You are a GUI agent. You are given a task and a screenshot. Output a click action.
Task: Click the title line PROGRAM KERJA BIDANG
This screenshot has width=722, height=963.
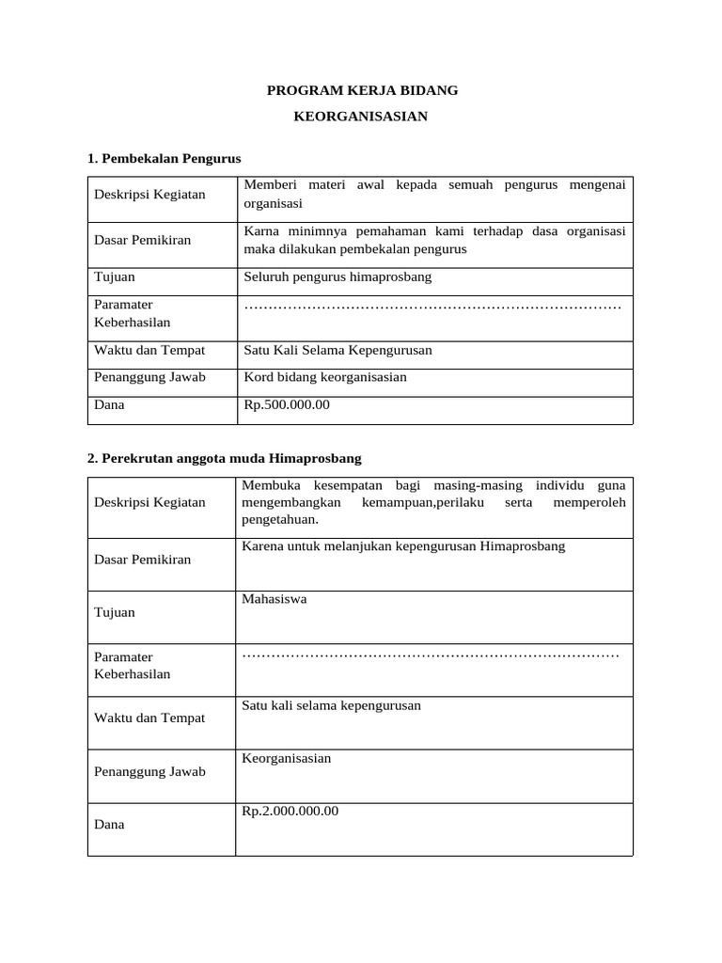pos(362,91)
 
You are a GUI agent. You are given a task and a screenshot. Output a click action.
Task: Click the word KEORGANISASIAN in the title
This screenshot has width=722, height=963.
pos(361,117)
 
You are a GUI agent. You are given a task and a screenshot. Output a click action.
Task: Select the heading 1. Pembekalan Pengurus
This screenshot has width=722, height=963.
pos(165,158)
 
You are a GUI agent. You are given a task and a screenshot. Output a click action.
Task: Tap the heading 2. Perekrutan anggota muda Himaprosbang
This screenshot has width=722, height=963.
pos(224,458)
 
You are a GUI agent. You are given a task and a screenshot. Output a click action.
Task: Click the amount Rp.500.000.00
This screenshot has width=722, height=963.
pos(287,405)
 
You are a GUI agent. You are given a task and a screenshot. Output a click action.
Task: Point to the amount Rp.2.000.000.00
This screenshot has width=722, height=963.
pos(290,811)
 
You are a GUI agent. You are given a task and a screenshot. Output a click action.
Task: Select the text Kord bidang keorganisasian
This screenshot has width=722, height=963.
pos(325,377)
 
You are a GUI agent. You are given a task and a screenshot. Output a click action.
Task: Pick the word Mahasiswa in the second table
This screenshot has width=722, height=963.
pos(275,598)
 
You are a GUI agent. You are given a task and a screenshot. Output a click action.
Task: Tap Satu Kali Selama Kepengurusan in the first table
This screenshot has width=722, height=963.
pos(337,350)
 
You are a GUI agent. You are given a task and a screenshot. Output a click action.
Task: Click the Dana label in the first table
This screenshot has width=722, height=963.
pos(109,405)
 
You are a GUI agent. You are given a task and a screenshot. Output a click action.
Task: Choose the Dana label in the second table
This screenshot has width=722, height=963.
pos(109,825)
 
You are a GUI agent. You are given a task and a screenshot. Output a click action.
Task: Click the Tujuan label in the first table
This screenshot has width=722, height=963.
pos(115,277)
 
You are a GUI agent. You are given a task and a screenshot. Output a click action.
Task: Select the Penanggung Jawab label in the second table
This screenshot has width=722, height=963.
pos(150,772)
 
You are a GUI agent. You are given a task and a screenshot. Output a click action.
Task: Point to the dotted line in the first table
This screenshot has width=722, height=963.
pos(432,307)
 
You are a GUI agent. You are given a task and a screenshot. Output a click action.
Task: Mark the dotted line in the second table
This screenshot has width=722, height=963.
pos(431,653)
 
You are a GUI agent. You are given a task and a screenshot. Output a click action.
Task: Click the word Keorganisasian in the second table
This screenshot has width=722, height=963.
pos(287,758)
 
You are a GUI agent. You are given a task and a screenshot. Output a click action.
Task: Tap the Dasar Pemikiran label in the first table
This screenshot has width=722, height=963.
pos(142,240)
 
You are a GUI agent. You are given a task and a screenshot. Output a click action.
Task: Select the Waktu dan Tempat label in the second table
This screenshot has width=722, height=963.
pos(149,718)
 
